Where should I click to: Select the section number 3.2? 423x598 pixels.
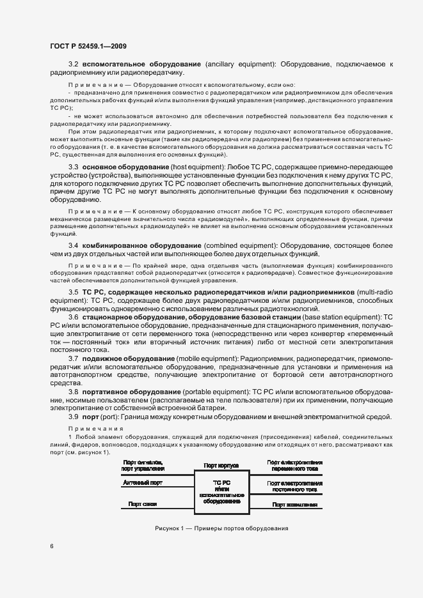click(x=74, y=65)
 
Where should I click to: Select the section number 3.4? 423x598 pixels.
click(x=74, y=245)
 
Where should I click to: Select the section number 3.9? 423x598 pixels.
click(x=74, y=417)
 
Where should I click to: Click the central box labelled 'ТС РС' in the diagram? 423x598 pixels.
click(x=221, y=491)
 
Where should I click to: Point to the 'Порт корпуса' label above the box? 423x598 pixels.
click(x=221, y=466)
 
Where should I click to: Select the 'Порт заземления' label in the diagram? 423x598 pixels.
click(x=295, y=505)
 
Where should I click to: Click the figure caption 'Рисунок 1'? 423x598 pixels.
click(x=221, y=529)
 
